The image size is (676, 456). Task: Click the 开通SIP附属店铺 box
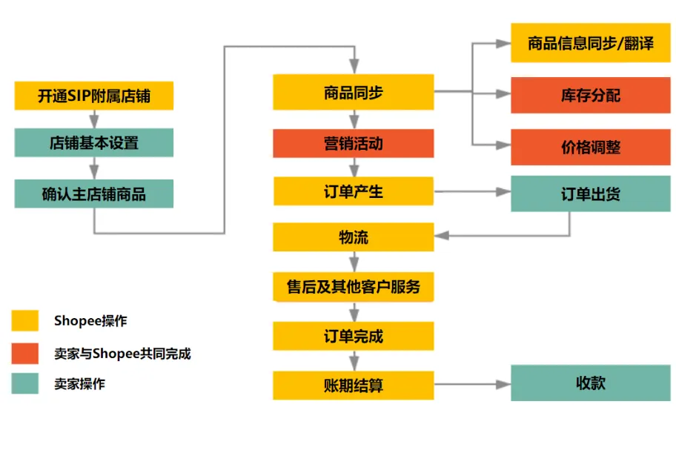click(x=94, y=96)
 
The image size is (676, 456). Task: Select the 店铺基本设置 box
click(x=94, y=143)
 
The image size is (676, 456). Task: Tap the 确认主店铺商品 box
click(x=94, y=194)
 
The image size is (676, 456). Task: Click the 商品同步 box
click(x=354, y=93)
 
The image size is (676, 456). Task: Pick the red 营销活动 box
click(x=354, y=143)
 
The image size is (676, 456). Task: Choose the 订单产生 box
click(x=354, y=191)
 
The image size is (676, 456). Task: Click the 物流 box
click(x=354, y=237)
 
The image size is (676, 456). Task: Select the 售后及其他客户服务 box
click(x=354, y=286)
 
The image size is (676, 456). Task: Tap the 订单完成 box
click(x=354, y=336)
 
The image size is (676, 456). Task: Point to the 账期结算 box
click(x=354, y=386)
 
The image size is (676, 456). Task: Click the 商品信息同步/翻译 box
click(x=591, y=43)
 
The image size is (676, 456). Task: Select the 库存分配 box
click(x=591, y=95)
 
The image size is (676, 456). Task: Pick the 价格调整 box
click(x=591, y=146)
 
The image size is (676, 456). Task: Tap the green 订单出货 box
click(x=591, y=194)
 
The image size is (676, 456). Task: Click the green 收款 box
click(x=591, y=383)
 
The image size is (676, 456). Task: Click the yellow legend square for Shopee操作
click(x=25, y=320)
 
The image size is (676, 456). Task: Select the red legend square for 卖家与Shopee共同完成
click(x=25, y=354)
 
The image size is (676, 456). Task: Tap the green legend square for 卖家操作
click(x=25, y=383)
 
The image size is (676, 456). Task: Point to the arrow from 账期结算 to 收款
click(x=472, y=386)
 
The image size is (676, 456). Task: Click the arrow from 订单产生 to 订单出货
click(x=472, y=191)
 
